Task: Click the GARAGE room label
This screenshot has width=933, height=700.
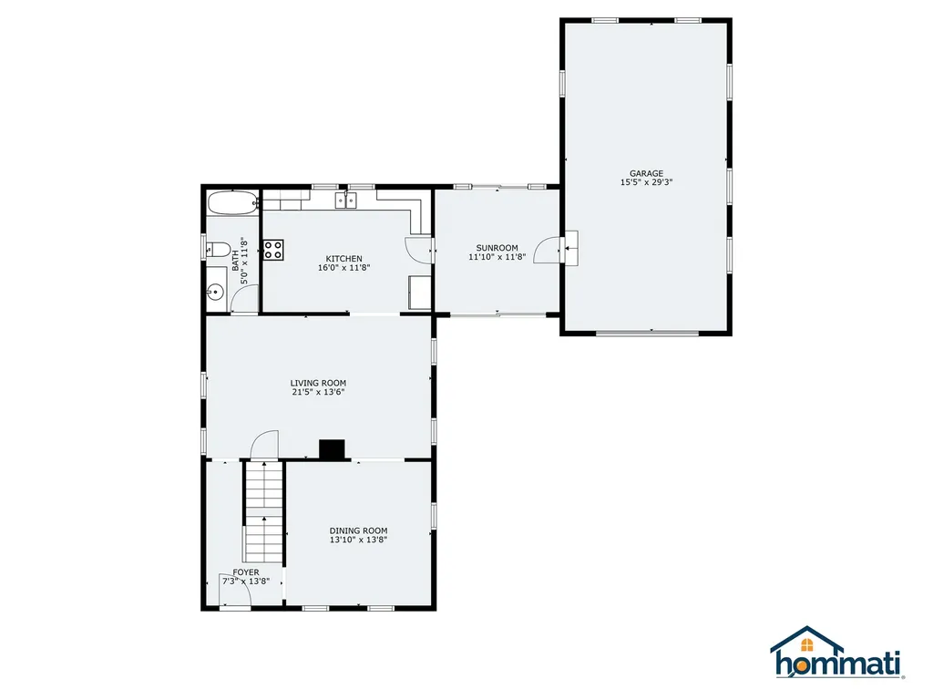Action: click(x=646, y=173)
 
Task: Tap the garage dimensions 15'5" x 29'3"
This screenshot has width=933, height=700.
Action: click(x=646, y=182)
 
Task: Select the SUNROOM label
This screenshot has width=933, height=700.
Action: click(x=497, y=248)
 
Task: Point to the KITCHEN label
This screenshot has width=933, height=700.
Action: click(x=344, y=259)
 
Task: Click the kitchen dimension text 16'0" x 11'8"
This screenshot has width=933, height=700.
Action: click(x=344, y=268)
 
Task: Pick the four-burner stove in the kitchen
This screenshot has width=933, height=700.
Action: click(x=273, y=250)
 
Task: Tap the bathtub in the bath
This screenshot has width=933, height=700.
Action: click(x=232, y=202)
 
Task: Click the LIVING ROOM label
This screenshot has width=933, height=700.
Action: click(x=318, y=383)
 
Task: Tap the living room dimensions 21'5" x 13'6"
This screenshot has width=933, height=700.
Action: click(x=318, y=392)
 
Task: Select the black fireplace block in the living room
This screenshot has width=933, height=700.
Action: click(x=333, y=448)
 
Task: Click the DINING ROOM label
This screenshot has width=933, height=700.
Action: click(x=358, y=530)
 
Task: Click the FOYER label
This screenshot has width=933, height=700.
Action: click(x=245, y=572)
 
